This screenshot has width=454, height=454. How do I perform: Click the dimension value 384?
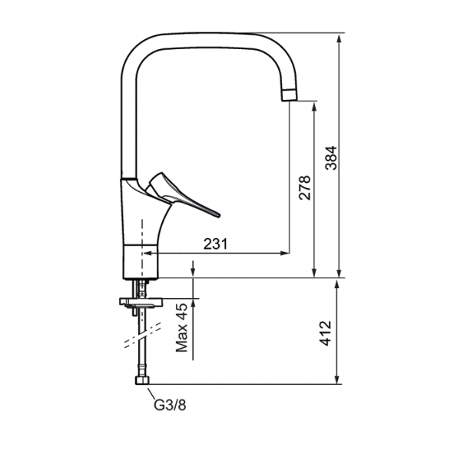pos(331,157)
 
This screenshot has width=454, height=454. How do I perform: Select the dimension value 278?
pos(305,187)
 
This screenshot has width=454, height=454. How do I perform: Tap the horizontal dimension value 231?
pos(216,244)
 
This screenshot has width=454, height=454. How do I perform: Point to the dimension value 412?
pos(326,333)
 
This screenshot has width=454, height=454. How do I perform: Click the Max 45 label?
pos(182,327)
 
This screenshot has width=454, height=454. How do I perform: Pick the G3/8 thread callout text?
pos(170,405)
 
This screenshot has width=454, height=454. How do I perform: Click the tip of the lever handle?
pos(219,215)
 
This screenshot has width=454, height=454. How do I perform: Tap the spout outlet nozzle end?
pos(289,95)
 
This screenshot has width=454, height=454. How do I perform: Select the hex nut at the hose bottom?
pos(142,380)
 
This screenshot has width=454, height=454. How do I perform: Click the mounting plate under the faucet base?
pos(141,302)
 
